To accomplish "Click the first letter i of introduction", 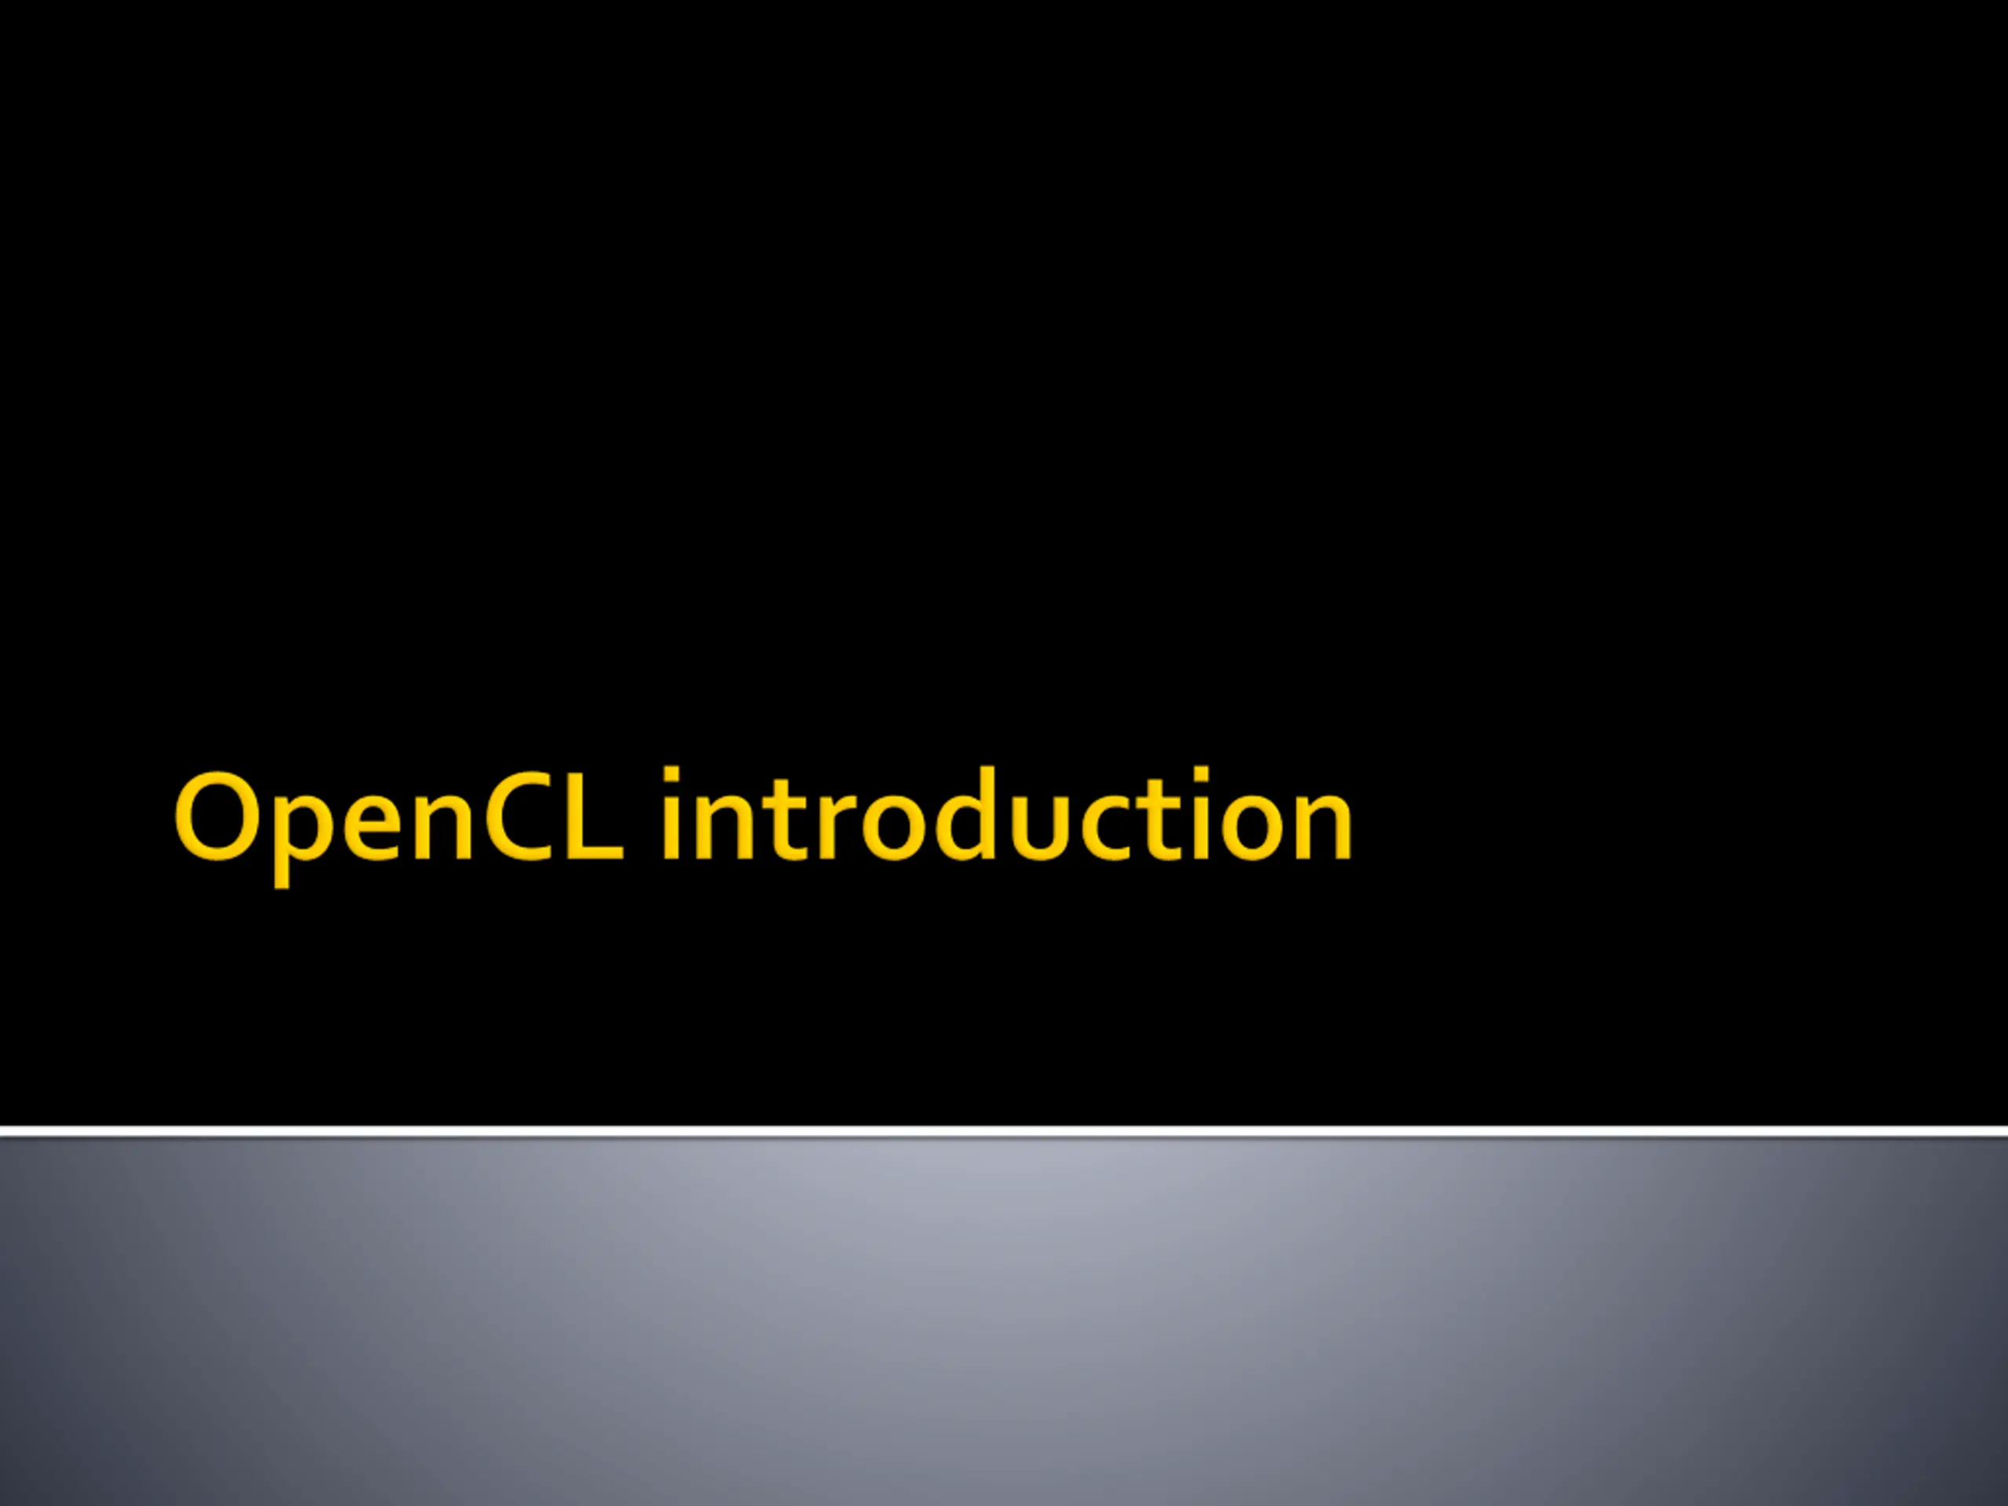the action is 671,813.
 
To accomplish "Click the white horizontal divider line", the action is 1004,1132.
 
